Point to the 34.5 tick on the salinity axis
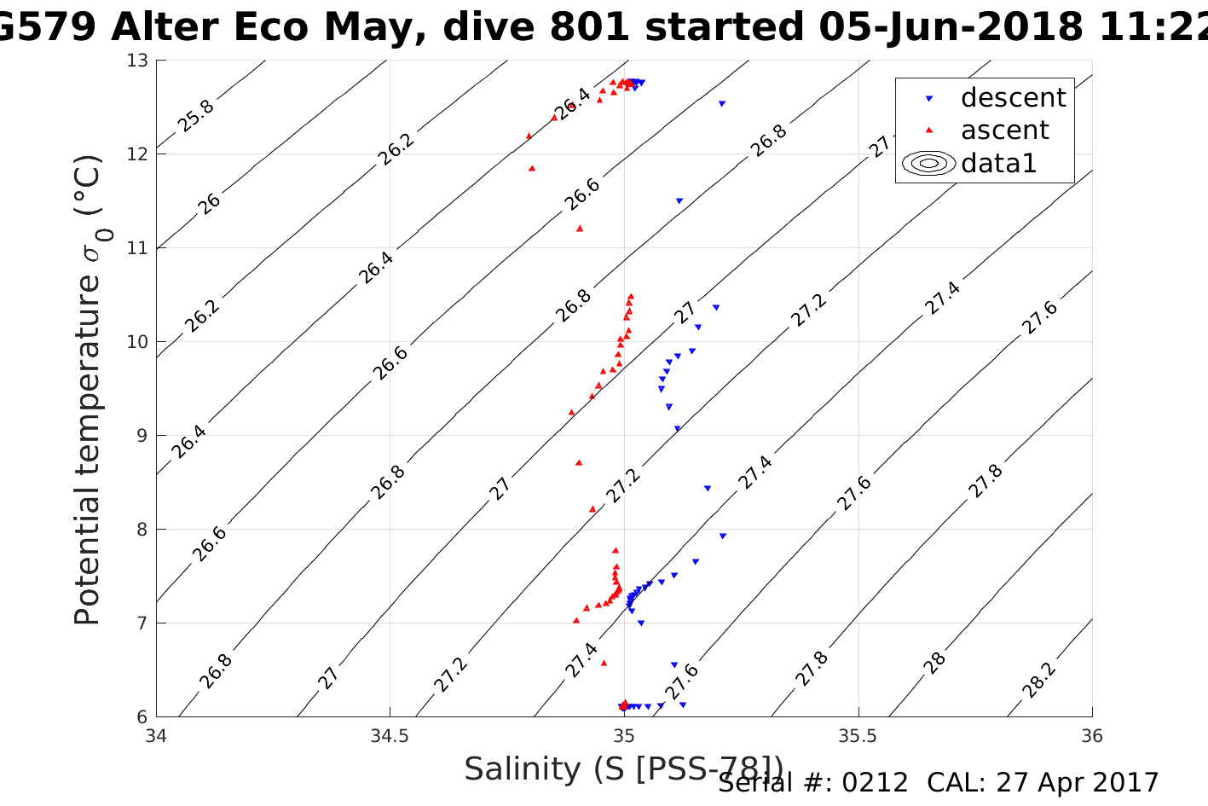390,736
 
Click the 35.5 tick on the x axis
858,736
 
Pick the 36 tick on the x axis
1091,736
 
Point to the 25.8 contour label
196,116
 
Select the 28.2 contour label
1039,681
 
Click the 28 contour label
935,663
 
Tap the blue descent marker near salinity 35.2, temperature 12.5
721,104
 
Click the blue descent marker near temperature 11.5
679,201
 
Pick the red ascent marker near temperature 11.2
580,228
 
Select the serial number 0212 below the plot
875,782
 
